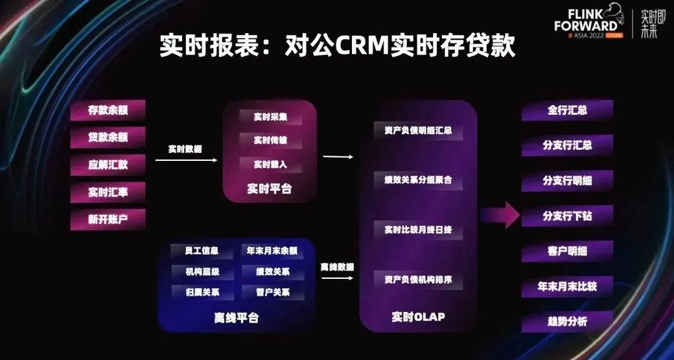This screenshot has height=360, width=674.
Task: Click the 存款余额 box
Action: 108,110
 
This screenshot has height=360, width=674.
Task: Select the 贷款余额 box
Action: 108,137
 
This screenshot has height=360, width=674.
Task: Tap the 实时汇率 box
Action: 108,192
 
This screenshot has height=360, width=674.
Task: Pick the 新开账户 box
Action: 108,219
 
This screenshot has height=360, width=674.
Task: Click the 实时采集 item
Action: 270,117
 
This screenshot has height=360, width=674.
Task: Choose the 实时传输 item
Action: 270,140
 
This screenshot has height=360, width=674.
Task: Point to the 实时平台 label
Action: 270,188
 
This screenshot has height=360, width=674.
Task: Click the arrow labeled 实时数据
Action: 186,160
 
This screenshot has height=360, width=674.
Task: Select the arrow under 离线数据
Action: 337,278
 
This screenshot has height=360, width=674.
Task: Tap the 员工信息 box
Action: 202,251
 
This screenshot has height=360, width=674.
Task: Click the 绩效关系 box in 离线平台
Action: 273,272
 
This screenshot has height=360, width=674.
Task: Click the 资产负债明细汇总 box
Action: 418,131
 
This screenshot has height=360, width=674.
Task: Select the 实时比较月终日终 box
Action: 418,230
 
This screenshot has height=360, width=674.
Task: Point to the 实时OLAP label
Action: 418,317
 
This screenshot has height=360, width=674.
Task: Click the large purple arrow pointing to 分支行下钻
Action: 501,215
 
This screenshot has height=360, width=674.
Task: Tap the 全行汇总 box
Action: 567,110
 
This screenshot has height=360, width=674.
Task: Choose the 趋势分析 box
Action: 567,323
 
